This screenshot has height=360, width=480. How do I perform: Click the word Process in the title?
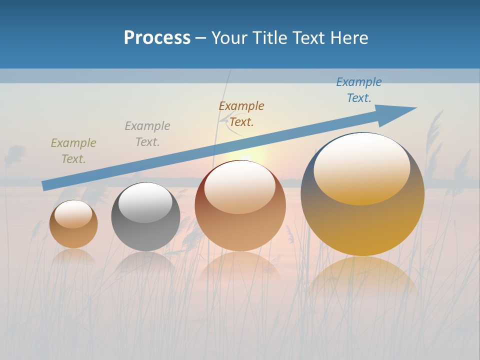(x=157, y=38)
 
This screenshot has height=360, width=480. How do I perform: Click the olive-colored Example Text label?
(x=73, y=151)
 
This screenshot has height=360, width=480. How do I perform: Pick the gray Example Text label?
(x=147, y=134)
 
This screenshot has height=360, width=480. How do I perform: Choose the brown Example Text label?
(x=241, y=114)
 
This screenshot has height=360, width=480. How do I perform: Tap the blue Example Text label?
(x=359, y=90)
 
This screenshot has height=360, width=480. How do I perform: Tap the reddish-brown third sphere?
(x=240, y=225)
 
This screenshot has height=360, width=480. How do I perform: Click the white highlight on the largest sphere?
(x=362, y=167)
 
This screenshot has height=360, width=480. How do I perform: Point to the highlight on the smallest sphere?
(x=73, y=214)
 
